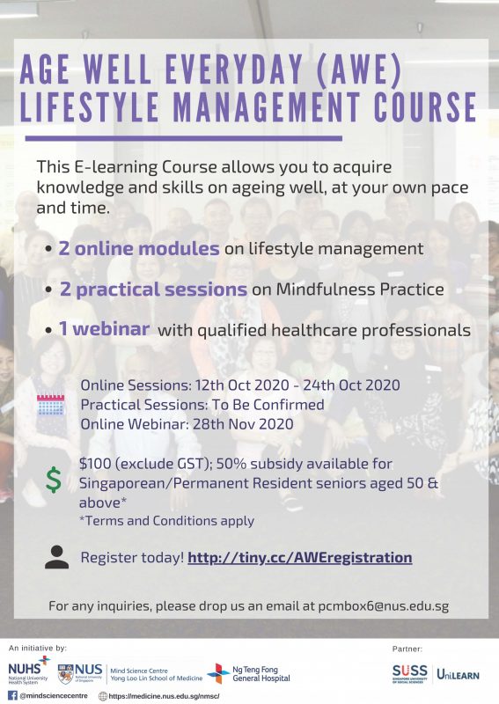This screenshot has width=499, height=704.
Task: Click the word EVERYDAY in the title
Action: coord(233,70)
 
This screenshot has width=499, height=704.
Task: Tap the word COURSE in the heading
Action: coord(425,106)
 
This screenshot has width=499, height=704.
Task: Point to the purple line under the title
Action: coord(184,139)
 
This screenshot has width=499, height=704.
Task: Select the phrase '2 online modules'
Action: coord(139,248)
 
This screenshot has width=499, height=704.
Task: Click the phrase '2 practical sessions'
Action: coord(153,290)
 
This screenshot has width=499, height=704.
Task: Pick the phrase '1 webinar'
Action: coord(104,328)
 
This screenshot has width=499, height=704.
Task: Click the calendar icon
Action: coord(51,405)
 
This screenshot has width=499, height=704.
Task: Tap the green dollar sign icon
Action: coord(54,480)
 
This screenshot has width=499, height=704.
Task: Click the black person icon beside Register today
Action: coord(56,557)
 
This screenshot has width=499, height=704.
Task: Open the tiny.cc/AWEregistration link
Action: coord(300,558)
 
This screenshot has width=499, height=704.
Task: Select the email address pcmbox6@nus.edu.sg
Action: coord(384,606)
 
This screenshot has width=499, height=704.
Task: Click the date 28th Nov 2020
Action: coord(243,424)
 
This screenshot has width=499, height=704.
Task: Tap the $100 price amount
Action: coord(92,464)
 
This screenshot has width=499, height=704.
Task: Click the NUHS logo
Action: coord(29,671)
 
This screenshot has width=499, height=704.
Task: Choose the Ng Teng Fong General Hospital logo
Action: coord(249,673)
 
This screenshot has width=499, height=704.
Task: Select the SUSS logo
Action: coord(409,673)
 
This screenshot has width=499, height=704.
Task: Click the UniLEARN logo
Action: coord(458,674)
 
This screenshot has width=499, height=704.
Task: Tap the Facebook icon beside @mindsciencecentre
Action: coord(12,696)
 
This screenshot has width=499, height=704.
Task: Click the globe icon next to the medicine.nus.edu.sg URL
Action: coord(103,696)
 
